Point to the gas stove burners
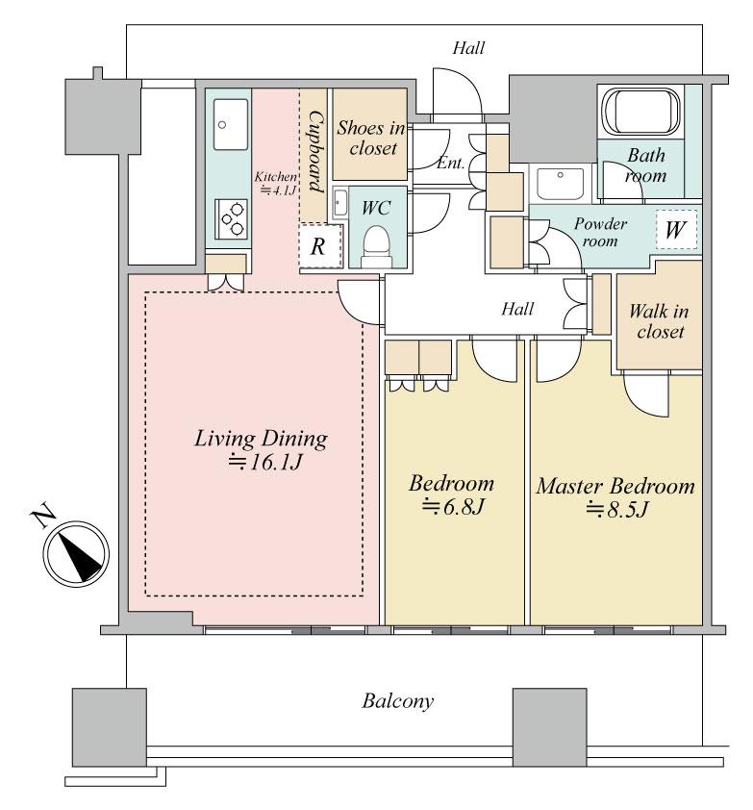[232, 218]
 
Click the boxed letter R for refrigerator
[318, 246]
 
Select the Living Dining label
[262, 440]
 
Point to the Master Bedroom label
[615, 486]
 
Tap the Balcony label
[397, 700]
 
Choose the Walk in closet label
[657, 321]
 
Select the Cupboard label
[314, 151]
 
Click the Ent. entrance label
[451, 164]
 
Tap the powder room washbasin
[559, 183]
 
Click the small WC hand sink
[339, 202]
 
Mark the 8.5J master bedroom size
[615, 510]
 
